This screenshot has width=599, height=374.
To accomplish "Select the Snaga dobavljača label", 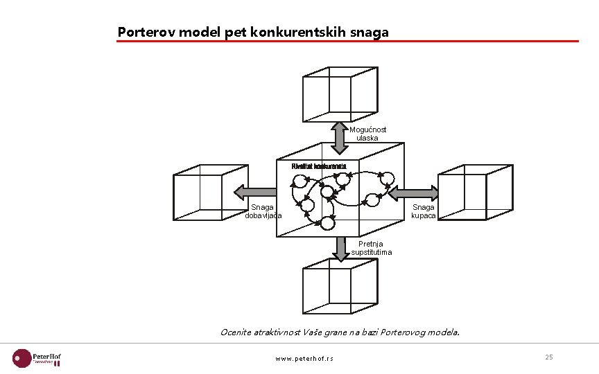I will [263, 211].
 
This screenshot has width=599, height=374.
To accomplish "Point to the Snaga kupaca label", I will [423, 211].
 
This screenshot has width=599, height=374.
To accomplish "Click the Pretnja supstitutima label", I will [372, 248].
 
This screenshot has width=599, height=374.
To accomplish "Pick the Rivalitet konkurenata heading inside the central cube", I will [319, 166].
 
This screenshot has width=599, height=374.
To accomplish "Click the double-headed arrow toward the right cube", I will [413, 192].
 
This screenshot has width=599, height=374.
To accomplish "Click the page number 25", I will [548, 357].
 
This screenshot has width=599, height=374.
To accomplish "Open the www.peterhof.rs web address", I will [304, 359].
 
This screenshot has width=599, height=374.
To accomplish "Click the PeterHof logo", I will [37, 357].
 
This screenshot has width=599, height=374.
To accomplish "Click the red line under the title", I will [347, 42].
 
